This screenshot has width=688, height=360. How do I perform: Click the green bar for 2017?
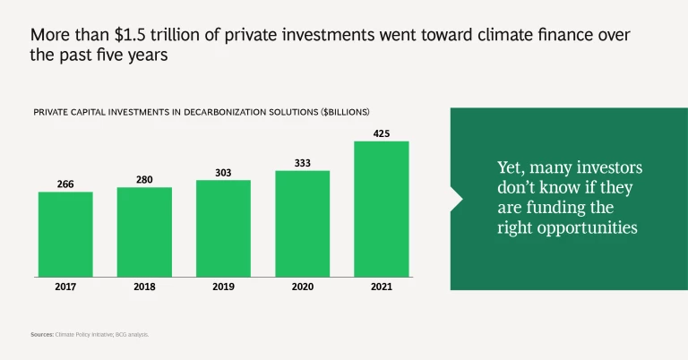coord(65,235)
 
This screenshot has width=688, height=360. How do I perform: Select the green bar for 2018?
coord(144,233)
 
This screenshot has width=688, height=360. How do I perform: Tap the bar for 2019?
coord(223,229)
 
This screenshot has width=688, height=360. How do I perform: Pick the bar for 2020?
coord(302,224)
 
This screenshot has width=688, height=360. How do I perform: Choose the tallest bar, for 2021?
coord(381,210)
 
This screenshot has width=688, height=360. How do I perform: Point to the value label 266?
coord(65,184)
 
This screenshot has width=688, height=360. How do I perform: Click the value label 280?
coord(144,180)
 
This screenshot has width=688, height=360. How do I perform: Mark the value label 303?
coord(223,172)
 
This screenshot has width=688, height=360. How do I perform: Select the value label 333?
coord(302,163)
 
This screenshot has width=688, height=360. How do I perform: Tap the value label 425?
coord(381,133)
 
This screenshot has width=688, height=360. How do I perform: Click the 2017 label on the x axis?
coord(65,288)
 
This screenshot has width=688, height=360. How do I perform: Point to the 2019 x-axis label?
coord(223,288)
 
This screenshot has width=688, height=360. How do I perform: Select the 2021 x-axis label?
coord(381,288)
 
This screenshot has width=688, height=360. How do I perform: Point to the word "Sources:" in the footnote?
coord(42,334)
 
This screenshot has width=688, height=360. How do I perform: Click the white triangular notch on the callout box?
coord(455,197)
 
